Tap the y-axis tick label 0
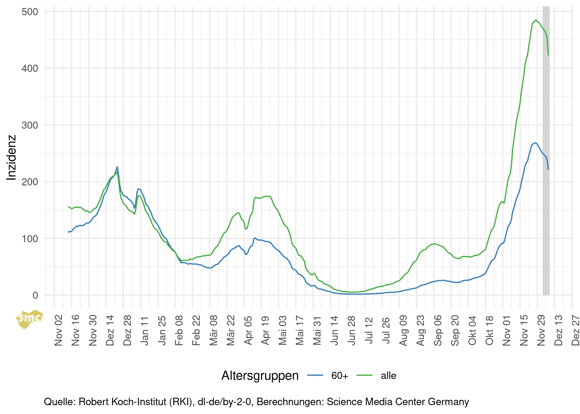click(35, 295)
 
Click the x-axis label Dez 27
click(576, 330)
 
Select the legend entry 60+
click(340, 376)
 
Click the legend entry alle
click(388, 376)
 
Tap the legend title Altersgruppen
click(260, 376)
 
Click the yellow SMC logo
click(30, 319)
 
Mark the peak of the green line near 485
click(536, 20)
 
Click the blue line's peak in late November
click(535, 143)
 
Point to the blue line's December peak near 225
click(117, 167)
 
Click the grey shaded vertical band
click(546, 170)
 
